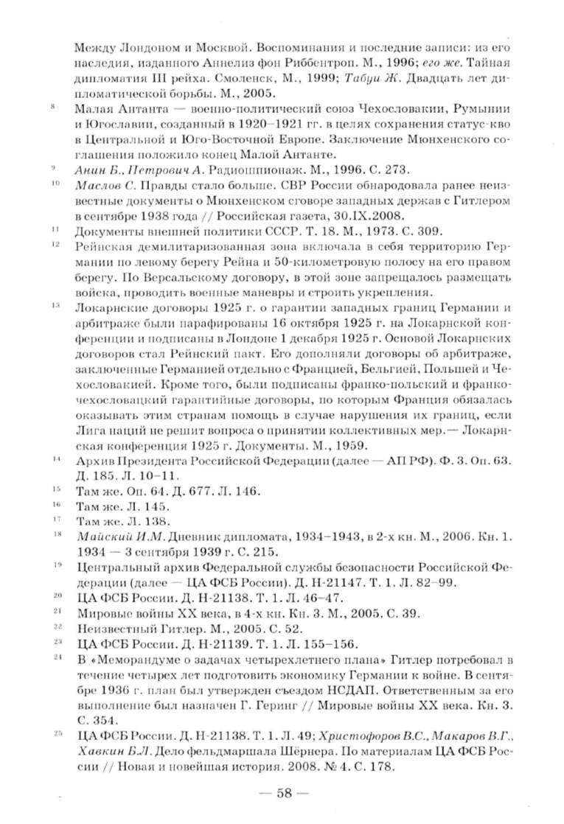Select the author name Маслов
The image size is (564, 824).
pyautogui.click(x=100, y=185)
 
